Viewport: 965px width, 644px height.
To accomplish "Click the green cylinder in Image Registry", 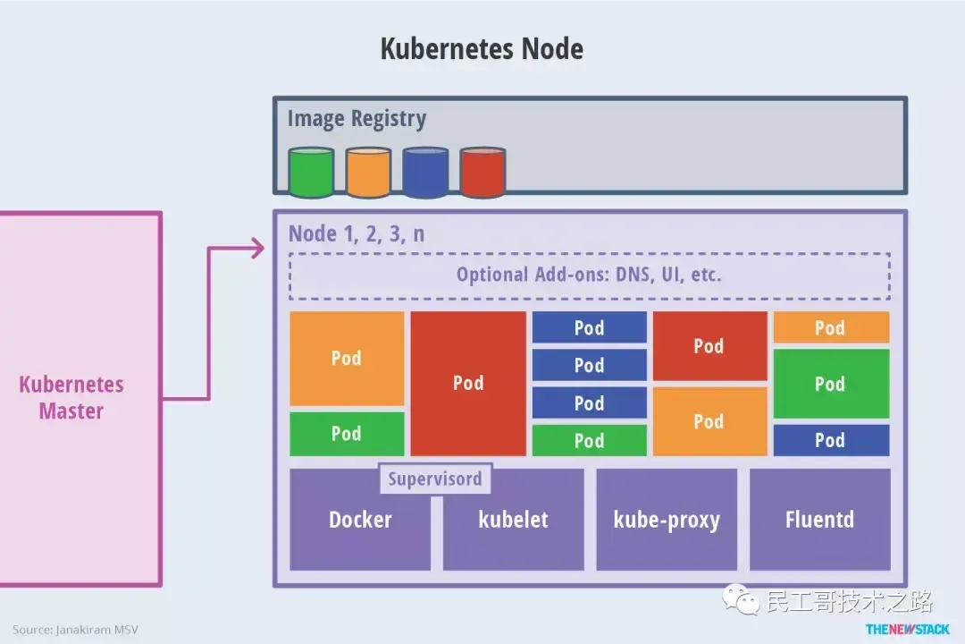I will (x=311, y=173).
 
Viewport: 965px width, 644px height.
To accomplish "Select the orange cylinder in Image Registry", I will (x=368, y=173).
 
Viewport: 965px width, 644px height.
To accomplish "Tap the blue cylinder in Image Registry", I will (x=425, y=173).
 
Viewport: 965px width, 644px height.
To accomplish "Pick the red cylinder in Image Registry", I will (x=482, y=173).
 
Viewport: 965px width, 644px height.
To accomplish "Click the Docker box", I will (x=360, y=528).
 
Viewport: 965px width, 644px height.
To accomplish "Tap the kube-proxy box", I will (x=667, y=520).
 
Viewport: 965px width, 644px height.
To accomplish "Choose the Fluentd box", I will (x=819, y=520).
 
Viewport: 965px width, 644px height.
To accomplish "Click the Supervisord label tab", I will (x=435, y=479).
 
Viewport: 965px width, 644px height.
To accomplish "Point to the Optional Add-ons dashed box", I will (x=589, y=275).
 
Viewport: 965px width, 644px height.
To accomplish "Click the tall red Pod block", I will (x=468, y=383).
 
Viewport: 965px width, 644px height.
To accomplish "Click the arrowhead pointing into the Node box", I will (x=258, y=249).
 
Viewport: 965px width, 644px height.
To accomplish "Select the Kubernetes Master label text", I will (x=71, y=398).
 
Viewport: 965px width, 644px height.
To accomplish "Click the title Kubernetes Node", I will (x=482, y=48).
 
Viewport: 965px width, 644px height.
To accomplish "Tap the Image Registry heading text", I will (x=357, y=119).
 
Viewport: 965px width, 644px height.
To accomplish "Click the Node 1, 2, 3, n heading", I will (x=357, y=234).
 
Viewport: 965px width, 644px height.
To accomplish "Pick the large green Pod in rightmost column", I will (x=831, y=384).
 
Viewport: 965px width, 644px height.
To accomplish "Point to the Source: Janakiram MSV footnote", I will (x=75, y=630).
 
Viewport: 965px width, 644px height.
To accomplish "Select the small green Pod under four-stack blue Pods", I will (x=589, y=440).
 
